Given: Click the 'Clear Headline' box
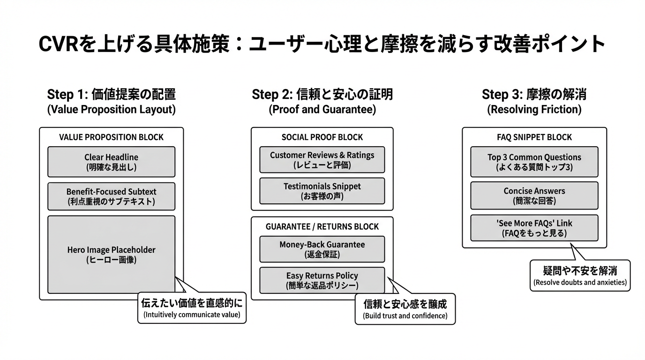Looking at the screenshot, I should click(111, 162).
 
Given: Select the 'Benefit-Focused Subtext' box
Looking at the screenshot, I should click(111, 196).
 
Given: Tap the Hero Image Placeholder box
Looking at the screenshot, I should click(111, 255).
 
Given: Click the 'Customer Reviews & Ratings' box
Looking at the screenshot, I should click(322, 160).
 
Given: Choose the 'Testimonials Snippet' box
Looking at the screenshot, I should click(322, 191).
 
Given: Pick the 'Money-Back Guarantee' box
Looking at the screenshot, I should click(322, 249).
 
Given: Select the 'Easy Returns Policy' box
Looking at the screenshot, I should click(322, 280).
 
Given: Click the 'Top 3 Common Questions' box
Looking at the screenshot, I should click(534, 162).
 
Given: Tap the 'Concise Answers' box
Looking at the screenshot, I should click(534, 195).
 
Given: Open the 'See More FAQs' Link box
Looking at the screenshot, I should click(534, 228).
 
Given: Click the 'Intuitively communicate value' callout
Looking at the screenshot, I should click(192, 308).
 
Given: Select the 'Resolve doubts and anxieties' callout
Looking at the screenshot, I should click(580, 276).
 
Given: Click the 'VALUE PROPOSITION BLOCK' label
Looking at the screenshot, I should click(111, 137).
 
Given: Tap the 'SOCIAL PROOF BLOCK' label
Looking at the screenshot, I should click(322, 137).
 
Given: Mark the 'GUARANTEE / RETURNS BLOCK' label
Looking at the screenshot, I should click(322, 226).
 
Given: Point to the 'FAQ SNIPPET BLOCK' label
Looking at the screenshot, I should click(534, 137).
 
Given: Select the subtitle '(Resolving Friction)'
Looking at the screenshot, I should click(534, 110).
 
